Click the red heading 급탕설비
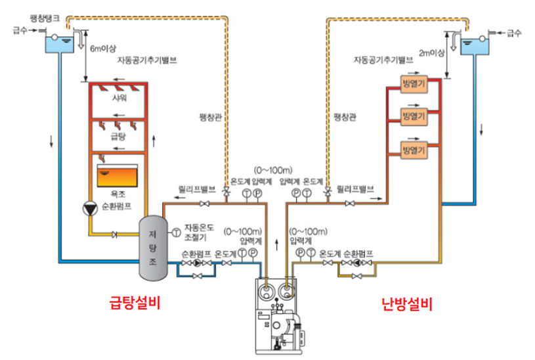[x=135, y=304]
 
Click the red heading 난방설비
[x=407, y=304]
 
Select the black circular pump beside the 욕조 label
[x=89, y=208]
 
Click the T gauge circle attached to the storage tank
[x=176, y=233]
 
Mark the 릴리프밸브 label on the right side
[x=355, y=188]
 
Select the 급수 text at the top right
[x=514, y=32]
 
